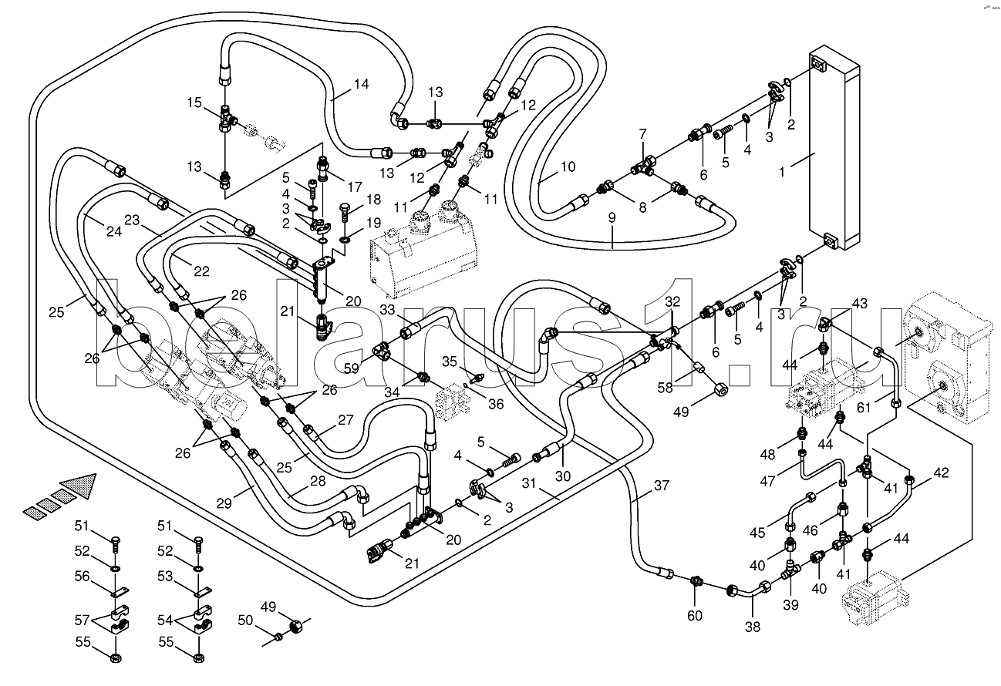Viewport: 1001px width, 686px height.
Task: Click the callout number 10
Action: click(568, 166)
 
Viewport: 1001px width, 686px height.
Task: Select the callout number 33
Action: click(387, 311)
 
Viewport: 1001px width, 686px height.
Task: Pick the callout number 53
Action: click(165, 575)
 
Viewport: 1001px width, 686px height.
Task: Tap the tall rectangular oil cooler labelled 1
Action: click(834, 150)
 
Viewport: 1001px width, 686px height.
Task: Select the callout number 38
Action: click(752, 627)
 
